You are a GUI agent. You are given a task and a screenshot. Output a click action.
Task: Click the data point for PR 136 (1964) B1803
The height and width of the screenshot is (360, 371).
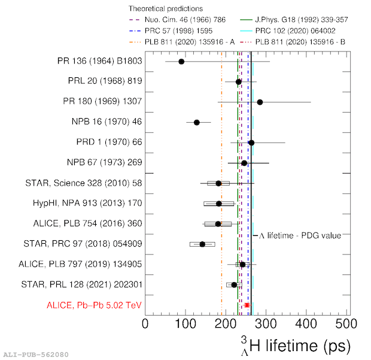(x=181, y=62)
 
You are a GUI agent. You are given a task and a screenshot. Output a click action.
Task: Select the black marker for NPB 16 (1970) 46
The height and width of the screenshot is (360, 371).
(x=196, y=122)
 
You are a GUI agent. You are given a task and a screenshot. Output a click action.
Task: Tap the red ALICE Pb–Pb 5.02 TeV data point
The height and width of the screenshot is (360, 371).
(x=247, y=305)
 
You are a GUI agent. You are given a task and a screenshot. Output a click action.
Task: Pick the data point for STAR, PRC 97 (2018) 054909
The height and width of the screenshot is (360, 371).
(x=202, y=244)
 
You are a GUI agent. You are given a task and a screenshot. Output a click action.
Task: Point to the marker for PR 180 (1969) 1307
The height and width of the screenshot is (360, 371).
(x=260, y=102)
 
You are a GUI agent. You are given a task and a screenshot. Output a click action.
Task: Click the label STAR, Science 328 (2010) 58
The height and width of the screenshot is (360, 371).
(x=86, y=183)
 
